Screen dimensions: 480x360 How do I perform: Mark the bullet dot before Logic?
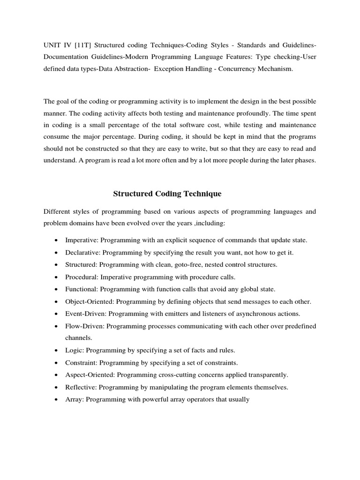56,351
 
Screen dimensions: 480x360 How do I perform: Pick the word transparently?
269,375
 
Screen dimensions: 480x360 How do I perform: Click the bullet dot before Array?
56,400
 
